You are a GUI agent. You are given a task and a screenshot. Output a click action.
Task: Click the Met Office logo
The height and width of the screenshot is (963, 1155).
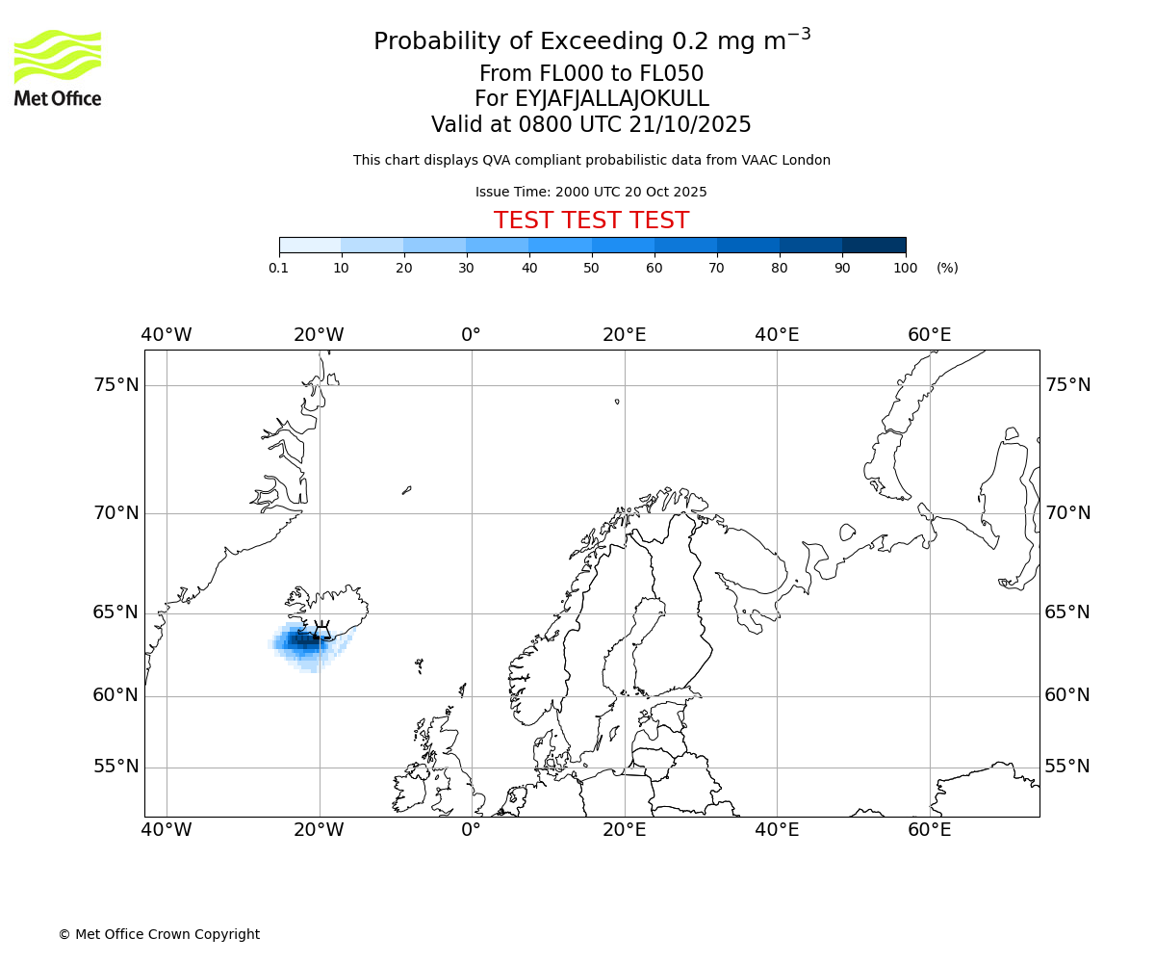[58, 67]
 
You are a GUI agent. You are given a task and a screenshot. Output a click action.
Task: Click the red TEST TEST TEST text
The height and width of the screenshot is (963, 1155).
[591, 221]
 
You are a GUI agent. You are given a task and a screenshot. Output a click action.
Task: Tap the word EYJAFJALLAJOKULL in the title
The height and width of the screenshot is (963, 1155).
[612, 99]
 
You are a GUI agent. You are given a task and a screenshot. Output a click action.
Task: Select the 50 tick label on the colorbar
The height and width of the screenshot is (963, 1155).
[592, 268]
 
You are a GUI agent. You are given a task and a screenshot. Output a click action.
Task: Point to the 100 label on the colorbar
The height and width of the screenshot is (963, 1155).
[905, 268]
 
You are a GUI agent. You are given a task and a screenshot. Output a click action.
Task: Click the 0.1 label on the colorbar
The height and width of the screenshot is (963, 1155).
[278, 268]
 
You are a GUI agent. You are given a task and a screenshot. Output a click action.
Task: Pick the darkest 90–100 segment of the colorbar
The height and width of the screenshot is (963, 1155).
[874, 245]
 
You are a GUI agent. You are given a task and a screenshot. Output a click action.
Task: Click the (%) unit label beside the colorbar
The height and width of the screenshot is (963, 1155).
[947, 268]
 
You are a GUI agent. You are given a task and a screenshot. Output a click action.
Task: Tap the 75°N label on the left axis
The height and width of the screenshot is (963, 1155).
[115, 385]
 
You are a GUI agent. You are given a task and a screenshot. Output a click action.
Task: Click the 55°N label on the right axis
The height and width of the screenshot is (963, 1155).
[1067, 767]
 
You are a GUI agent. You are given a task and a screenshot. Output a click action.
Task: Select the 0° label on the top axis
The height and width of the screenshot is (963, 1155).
[471, 335]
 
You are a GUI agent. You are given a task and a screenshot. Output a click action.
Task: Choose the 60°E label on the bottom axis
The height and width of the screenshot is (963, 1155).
[929, 830]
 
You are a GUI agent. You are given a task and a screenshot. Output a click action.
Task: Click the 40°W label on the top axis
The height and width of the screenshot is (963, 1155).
[167, 335]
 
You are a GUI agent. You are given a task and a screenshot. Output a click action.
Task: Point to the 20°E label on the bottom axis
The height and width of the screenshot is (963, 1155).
[624, 830]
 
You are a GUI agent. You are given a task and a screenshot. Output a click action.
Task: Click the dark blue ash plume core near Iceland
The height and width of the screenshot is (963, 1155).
[302, 638]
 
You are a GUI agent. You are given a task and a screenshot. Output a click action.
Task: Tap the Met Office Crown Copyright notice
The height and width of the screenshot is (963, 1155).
[159, 934]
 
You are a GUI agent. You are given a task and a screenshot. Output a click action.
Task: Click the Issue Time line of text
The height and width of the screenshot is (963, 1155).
[591, 192]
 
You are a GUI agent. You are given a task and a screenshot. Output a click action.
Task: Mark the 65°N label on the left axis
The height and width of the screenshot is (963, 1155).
[115, 612]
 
